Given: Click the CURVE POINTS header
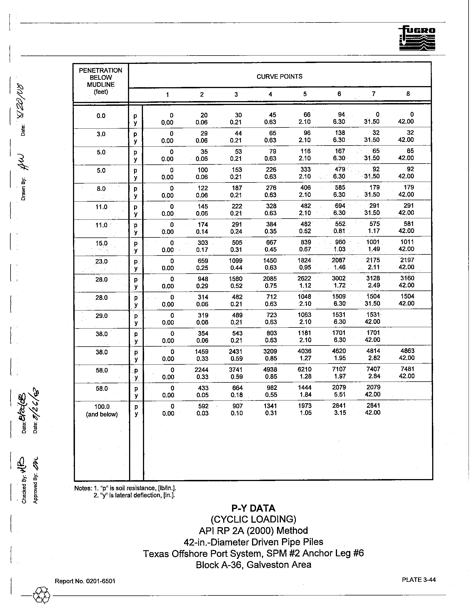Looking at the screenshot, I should click(279, 76).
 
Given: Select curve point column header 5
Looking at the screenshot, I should click(305, 94).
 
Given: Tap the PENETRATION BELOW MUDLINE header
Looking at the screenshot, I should click(101, 81).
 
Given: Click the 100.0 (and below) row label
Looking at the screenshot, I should click(102, 410).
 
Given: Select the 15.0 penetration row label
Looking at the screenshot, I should click(101, 243).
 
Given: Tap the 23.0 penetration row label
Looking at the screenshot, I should click(101, 262).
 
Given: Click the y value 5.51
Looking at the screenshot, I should click(340, 394).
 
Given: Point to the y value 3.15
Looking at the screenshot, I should click(340, 413).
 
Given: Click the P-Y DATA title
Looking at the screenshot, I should click(253, 508).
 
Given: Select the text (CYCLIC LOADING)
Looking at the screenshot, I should click(253, 519).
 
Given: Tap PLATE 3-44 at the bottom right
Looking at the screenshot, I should click(419, 580).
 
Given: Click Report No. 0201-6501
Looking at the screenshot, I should click(85, 581).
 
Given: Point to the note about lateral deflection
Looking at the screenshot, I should click(134, 495).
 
